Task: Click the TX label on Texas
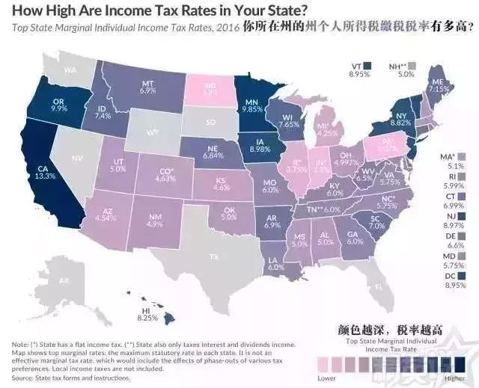coord(215,256)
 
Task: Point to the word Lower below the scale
coord(326,378)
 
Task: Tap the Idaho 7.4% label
coord(103,112)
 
